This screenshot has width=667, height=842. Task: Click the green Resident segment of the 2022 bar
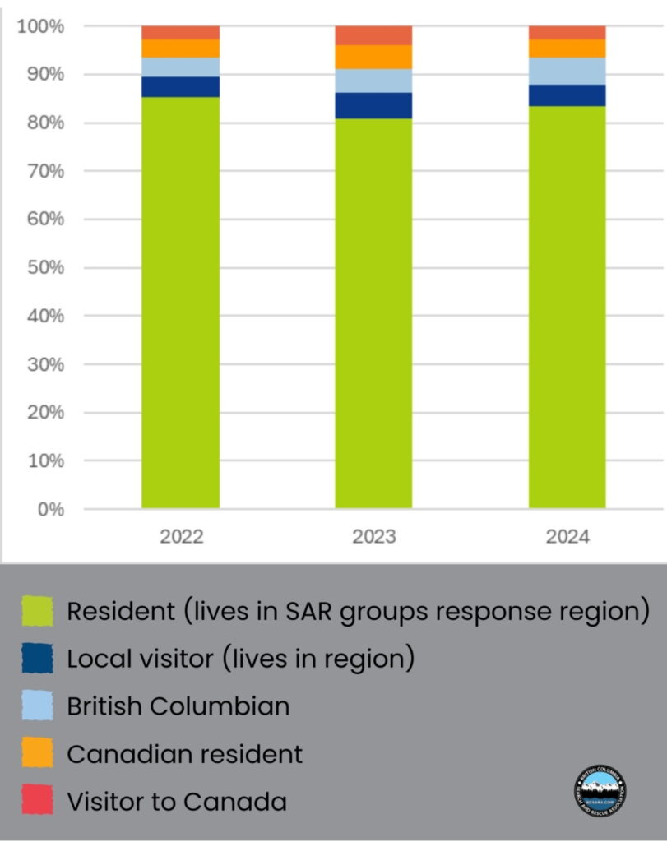(x=180, y=304)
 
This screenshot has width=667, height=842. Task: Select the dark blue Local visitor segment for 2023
(x=373, y=105)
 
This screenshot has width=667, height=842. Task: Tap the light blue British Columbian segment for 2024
(x=567, y=72)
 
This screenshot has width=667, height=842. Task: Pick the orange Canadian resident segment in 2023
(x=373, y=57)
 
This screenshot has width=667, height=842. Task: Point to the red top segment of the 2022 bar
(x=180, y=32)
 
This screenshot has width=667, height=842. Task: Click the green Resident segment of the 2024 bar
(x=567, y=308)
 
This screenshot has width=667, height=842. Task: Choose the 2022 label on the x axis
(x=181, y=537)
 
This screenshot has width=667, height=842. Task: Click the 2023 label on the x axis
(x=374, y=537)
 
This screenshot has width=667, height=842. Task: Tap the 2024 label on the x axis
(x=567, y=537)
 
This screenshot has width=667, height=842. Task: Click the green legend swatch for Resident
(x=38, y=611)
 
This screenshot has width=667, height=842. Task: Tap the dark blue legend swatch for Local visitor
(x=38, y=658)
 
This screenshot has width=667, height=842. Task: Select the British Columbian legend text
(x=178, y=706)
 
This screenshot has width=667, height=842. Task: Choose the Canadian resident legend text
(x=184, y=753)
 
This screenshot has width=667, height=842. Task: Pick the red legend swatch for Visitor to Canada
(x=38, y=800)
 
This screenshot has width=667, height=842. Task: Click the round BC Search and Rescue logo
(x=599, y=792)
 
